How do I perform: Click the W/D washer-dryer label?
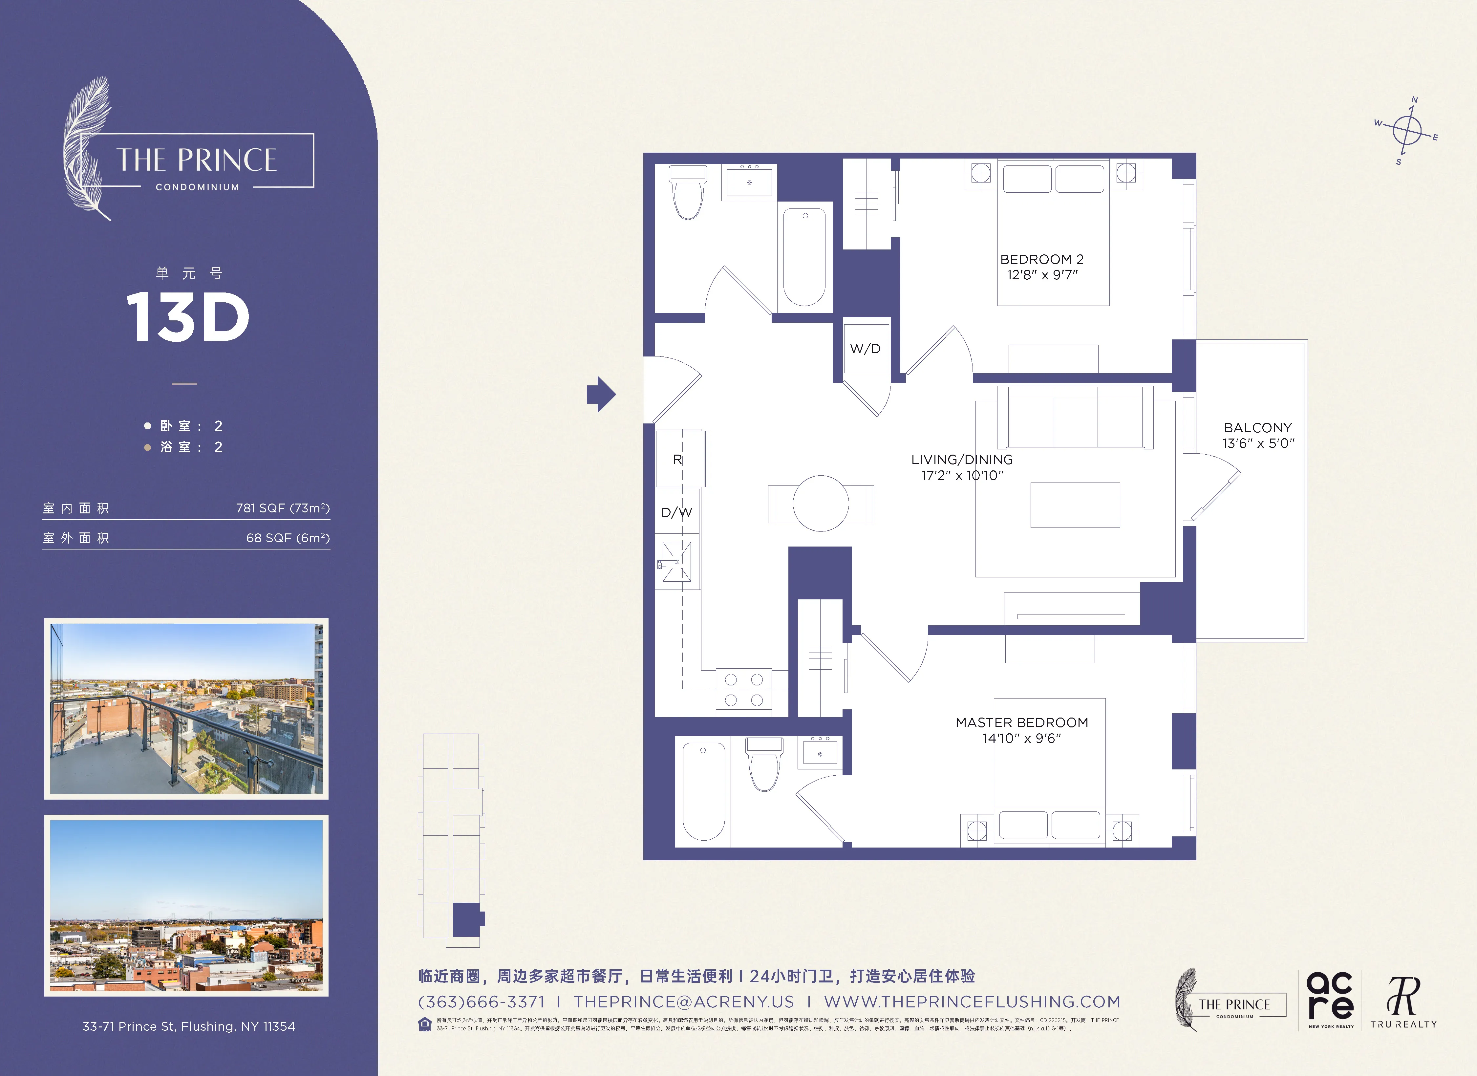[x=865, y=349]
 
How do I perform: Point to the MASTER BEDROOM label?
[x=1021, y=722]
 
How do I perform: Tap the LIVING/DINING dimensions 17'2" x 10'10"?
[x=962, y=476]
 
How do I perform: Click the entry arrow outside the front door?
[x=600, y=394]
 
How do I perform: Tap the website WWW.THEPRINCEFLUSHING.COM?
[x=972, y=1002]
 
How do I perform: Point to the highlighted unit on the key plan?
[x=467, y=919]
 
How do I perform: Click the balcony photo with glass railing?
[x=186, y=709]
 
